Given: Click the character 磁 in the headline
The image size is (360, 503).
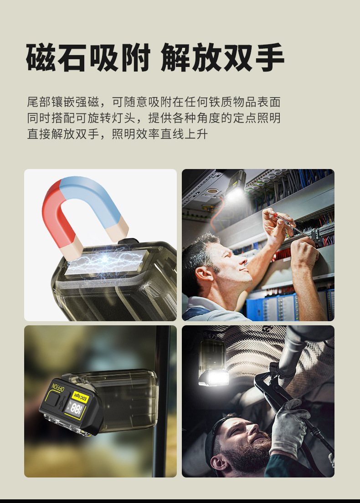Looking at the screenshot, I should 41,58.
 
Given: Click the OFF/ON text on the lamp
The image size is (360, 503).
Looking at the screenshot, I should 57,388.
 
